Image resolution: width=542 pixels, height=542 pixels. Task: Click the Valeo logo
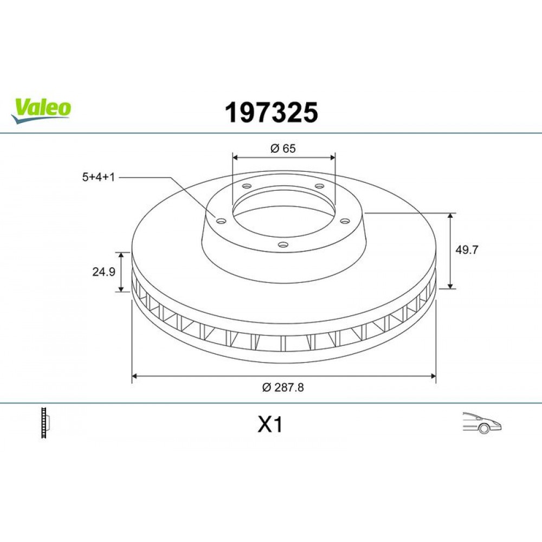pos(41,109)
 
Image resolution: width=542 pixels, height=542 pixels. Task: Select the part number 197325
pos(271,113)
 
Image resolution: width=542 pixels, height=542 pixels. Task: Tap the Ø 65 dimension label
pos(283,148)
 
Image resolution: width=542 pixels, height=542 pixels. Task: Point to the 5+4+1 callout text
pos(98,177)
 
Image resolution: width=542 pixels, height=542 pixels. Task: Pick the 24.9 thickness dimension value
pos(103,273)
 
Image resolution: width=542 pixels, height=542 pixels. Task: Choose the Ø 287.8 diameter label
pos(282,387)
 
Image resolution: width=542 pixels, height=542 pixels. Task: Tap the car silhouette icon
pos(481,423)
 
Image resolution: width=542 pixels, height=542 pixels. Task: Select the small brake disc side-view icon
pos(45,423)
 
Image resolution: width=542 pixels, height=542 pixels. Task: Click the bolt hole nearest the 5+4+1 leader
pos(221,220)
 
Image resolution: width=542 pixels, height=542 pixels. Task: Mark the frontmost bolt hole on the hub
pos(282,244)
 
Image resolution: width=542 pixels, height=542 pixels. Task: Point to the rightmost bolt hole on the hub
pos(344,220)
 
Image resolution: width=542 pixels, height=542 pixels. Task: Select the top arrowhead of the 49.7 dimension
pos(450,216)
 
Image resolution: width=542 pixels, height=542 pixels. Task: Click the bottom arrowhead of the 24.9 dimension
pos(121,289)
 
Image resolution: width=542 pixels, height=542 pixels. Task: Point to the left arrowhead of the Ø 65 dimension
pos(236,157)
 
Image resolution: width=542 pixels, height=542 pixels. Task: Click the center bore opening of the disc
pos(283,211)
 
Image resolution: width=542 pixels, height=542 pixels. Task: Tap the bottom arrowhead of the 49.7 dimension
pos(450,286)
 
